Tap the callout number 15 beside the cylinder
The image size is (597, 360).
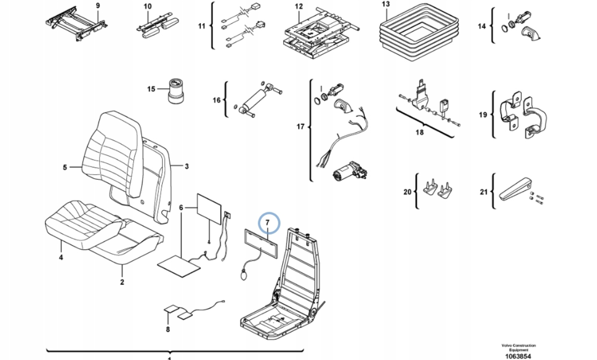[x=151, y=89]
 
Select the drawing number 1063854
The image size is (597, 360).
[x=518, y=356]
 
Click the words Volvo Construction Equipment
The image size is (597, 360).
[x=518, y=347]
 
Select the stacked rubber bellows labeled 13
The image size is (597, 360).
[x=419, y=32]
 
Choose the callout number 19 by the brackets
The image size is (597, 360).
[x=483, y=115]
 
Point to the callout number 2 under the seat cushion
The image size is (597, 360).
[x=122, y=282]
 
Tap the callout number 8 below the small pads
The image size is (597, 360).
[x=167, y=329]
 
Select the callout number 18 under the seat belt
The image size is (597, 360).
[x=419, y=132]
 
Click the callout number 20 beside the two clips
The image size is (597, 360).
[x=407, y=192]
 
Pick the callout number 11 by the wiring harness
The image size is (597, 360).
[x=202, y=26]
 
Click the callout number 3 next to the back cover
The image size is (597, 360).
[x=186, y=166]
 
